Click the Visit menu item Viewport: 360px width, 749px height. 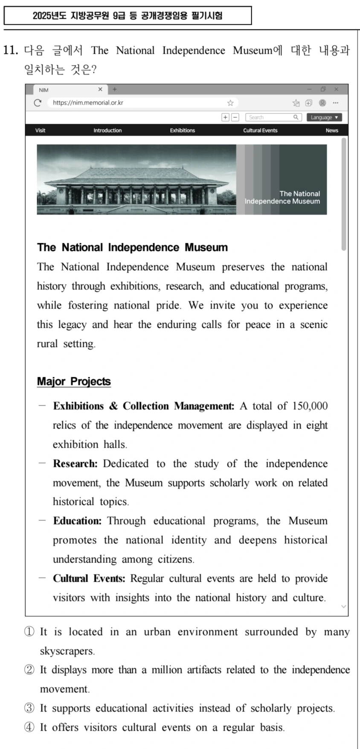[x=40, y=131]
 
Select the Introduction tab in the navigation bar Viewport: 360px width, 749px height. [x=107, y=131]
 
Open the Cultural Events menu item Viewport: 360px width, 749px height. [x=260, y=131]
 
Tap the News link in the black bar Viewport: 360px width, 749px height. [x=332, y=131]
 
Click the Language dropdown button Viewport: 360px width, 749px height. [x=324, y=117]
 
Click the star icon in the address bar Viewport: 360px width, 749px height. [x=230, y=103]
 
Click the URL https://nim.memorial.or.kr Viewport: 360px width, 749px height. [x=88, y=103]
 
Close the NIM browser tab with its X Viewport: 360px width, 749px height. [x=100, y=90]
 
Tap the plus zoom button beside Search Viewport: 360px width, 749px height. [x=225, y=117]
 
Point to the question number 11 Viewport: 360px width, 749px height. [x=11, y=50]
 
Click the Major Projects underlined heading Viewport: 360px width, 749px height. [x=74, y=382]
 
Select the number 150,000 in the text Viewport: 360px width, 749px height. [x=310, y=406]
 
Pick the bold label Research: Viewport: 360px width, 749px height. [x=75, y=464]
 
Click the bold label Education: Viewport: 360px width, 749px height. [x=77, y=521]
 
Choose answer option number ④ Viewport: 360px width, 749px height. [x=29, y=728]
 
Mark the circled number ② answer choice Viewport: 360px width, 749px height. [x=29, y=670]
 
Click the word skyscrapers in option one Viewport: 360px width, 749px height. [x=67, y=651]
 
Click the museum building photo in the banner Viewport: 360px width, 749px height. [x=136, y=180]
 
